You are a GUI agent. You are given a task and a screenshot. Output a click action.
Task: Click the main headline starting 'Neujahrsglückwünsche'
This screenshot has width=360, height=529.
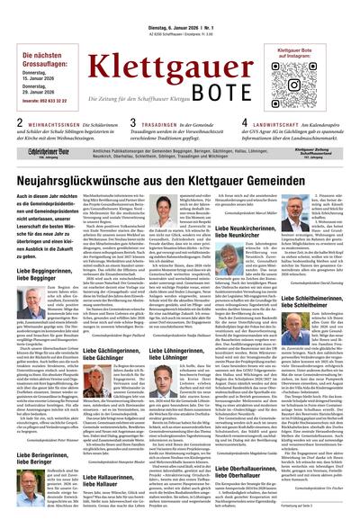[180, 177]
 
